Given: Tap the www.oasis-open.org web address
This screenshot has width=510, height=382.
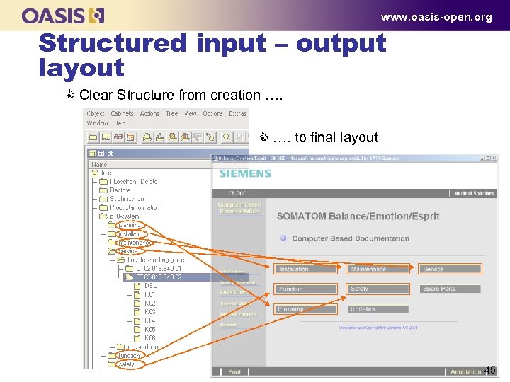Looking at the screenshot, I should (436, 17).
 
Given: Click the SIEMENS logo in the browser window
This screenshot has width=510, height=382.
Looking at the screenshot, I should (245, 173).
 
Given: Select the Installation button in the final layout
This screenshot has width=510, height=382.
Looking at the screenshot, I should (305, 269).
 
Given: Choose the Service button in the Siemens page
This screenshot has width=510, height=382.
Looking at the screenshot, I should (450, 269).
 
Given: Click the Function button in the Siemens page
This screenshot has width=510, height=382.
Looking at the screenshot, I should (305, 289).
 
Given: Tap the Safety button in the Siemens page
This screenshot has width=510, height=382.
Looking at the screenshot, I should (378, 289).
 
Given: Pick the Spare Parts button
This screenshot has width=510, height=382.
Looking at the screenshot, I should (450, 289).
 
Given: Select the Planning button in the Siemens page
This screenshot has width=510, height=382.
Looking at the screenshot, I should (305, 309).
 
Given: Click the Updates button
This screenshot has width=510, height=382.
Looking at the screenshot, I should (378, 309).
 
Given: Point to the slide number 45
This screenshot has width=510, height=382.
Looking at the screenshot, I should (490, 370).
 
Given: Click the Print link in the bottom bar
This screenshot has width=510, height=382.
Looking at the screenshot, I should (234, 371).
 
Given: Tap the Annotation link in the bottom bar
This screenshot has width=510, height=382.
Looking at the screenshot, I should (465, 371).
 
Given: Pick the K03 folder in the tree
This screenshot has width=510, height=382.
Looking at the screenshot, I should (149, 312).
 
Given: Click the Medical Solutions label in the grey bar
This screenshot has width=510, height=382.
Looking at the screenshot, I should (474, 193).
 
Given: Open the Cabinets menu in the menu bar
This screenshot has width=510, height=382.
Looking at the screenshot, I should (121, 113).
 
